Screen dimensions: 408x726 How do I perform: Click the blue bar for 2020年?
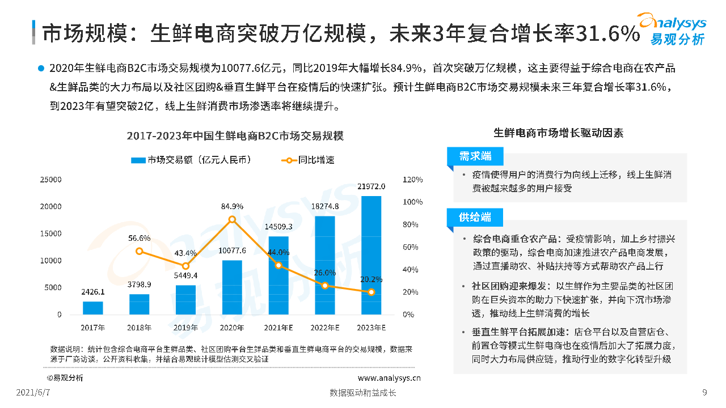[232, 287]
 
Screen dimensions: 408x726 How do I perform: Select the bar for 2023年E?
[371, 255]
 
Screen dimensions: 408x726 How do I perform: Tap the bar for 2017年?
[93, 308]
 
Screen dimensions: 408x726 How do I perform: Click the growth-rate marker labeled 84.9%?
[232, 219]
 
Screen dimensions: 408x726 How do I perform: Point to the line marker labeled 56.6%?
[140, 251]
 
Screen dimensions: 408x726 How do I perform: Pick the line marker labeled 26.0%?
[325, 286]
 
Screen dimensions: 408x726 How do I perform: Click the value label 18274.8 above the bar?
[325, 206]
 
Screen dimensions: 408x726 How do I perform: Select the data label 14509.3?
[278, 227]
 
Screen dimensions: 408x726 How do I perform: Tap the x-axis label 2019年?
[185, 328]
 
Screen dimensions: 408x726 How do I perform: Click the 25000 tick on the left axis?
[51, 180]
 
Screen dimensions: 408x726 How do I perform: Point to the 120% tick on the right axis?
[412, 180]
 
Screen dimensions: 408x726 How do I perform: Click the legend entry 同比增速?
[307, 160]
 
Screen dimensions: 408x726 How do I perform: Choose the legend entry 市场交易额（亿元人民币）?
[191, 160]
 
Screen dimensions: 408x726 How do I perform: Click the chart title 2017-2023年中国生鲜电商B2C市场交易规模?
[235, 137]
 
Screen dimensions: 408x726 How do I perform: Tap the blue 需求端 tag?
[475, 156]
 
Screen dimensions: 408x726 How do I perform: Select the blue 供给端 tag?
[475, 218]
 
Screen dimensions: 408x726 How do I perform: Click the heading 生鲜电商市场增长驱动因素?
[558, 133]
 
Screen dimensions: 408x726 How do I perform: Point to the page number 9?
[704, 393]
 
